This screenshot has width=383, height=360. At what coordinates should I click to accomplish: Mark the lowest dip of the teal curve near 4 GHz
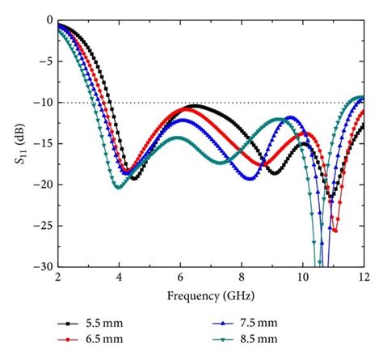click(x=119, y=188)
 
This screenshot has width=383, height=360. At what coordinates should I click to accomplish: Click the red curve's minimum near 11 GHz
click(x=335, y=231)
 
